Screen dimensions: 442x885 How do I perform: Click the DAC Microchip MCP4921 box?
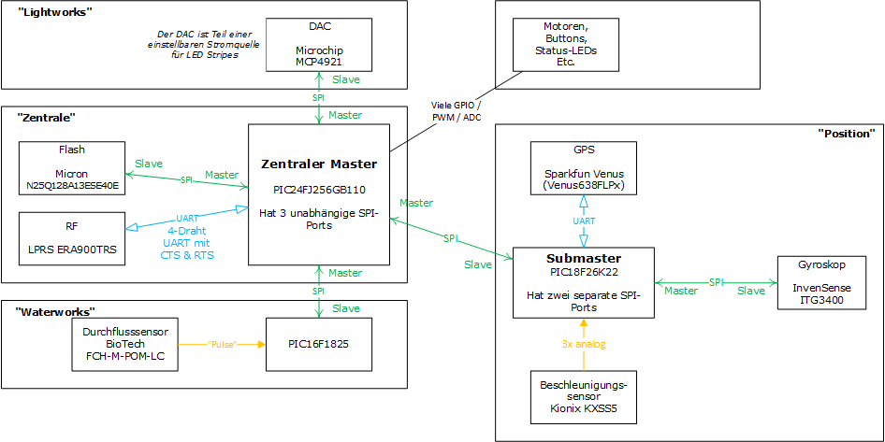320,43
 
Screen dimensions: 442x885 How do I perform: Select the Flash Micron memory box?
71,167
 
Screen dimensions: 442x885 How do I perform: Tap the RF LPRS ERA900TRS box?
71,238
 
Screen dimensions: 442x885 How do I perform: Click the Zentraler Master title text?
318,164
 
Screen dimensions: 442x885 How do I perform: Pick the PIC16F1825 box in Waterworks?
320,344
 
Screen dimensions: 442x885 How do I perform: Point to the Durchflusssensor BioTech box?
124,344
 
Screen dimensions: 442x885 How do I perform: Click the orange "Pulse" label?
222,344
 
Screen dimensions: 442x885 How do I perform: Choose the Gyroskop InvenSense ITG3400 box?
824,282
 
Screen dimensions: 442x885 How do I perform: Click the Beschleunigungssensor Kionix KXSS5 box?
582,396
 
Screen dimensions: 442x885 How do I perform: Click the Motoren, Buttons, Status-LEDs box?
559,44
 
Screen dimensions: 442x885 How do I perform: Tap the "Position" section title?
846,134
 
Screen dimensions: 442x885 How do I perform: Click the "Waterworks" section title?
56,311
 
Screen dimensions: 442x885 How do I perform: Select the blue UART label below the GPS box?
583,221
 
